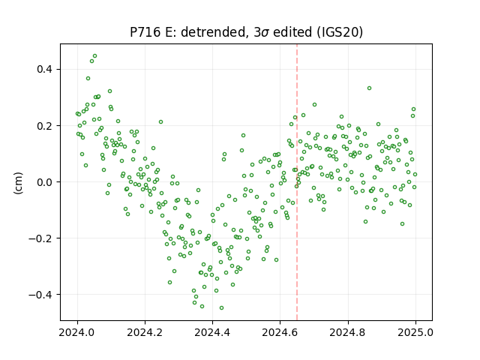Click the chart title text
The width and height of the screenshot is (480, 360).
tap(247, 32)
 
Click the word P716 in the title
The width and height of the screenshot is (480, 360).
tap(145, 32)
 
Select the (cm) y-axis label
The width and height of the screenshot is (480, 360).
tap(18, 183)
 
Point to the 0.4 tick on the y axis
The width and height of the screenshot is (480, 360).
tap(45, 70)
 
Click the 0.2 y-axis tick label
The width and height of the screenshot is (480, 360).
tap(45, 126)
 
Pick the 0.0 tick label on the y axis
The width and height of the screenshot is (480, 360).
tap(45, 182)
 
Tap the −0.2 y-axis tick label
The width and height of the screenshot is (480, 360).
tap(40, 238)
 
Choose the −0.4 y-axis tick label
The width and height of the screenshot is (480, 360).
tap(40, 295)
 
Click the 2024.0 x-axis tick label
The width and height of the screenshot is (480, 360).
tap(77, 332)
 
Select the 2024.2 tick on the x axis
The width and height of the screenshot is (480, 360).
tap(145, 332)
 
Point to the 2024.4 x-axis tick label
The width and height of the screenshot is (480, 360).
tap(212, 332)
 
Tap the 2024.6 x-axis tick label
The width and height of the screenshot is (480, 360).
tap(280, 332)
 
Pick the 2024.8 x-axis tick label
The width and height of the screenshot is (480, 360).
tap(348, 332)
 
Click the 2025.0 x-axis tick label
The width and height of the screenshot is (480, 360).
tap(415, 332)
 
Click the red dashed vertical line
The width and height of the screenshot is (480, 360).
tap(297, 182)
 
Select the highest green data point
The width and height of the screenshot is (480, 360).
tap(95, 56)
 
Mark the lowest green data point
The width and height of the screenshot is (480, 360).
tap(222, 308)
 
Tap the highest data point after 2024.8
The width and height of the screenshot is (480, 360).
tap(370, 88)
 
